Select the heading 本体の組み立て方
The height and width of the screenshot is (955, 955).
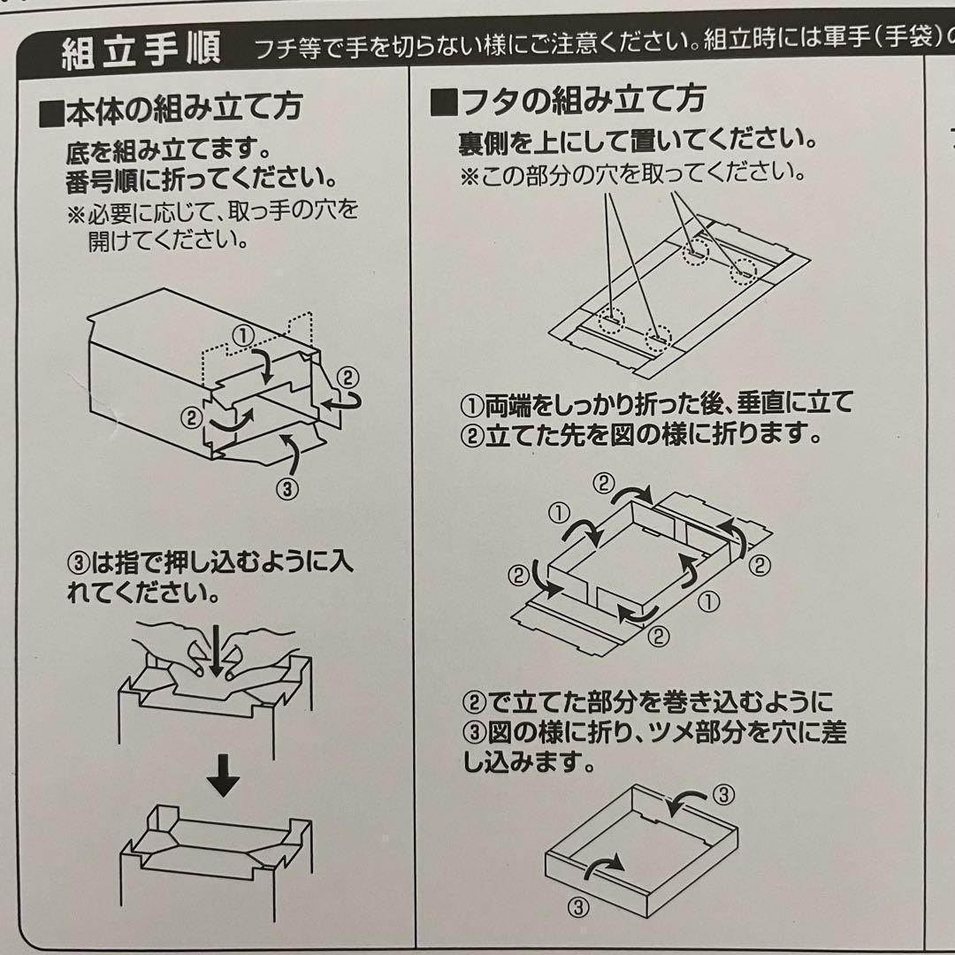[182, 108]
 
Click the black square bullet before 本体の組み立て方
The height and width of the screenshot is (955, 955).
[52, 110]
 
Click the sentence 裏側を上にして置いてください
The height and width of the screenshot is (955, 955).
[637, 141]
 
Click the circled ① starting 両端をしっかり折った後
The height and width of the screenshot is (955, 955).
[470, 405]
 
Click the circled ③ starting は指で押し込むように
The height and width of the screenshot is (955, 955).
[80, 562]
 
